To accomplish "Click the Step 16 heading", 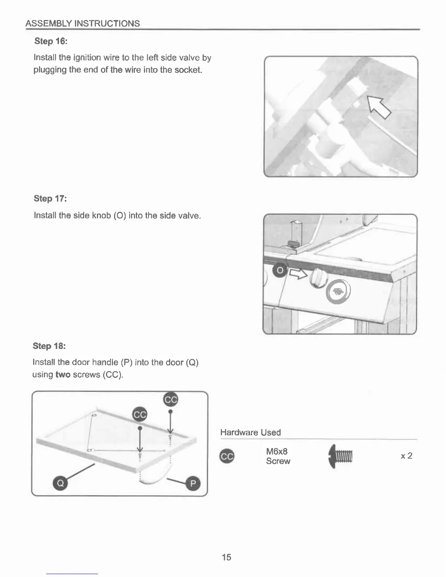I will (x=51, y=41).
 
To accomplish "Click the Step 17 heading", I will (x=50, y=199).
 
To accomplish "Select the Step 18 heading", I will (x=49, y=346).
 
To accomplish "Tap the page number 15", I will (x=226, y=557).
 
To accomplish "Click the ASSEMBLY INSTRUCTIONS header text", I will (x=83, y=24).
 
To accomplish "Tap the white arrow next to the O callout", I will (x=298, y=274).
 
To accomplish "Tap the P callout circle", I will (x=193, y=483).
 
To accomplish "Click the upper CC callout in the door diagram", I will (x=171, y=400).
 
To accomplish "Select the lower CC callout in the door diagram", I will (x=140, y=415).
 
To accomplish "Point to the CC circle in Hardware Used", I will (x=227, y=456).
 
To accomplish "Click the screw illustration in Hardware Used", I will (x=340, y=456).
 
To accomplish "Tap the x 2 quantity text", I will (x=406, y=456).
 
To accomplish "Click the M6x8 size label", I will (x=277, y=452).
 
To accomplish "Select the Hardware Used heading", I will (x=250, y=432).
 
